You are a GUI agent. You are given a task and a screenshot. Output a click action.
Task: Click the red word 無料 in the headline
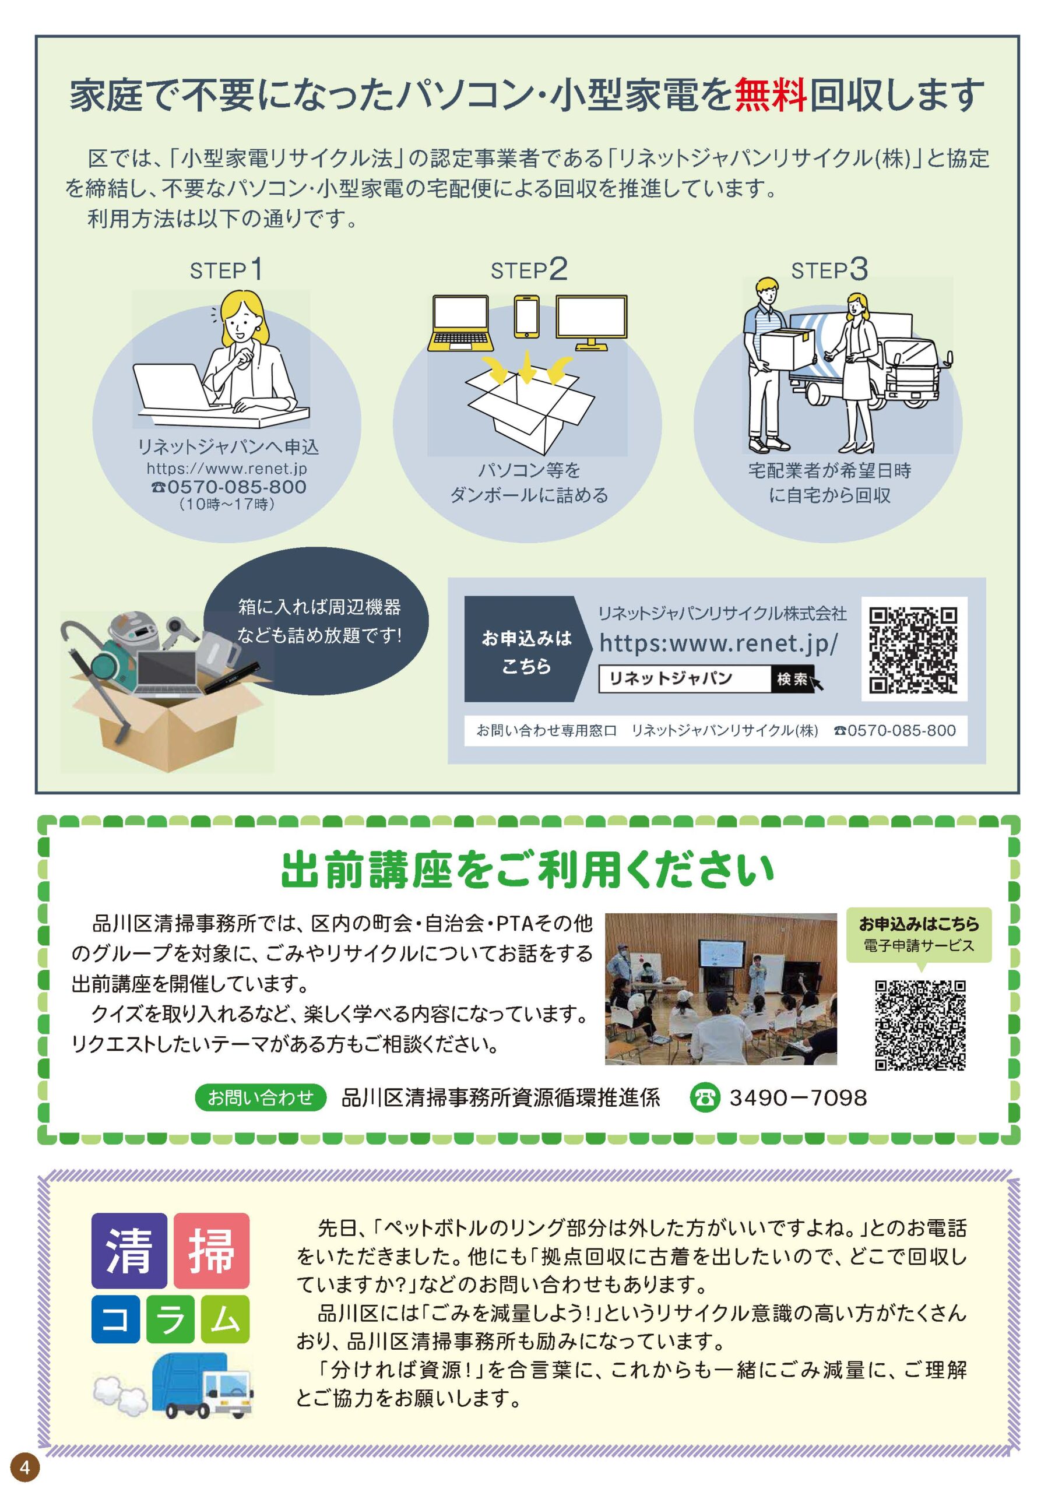coord(771,95)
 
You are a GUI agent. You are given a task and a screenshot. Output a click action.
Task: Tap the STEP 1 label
coord(226,270)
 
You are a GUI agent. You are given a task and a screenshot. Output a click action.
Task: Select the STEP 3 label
coord(829,270)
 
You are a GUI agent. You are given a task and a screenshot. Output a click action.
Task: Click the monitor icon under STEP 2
coord(592,322)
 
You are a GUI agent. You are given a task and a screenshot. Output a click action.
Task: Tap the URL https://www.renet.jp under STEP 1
coord(226,468)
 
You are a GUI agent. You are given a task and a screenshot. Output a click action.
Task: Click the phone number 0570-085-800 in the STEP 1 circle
coord(228,487)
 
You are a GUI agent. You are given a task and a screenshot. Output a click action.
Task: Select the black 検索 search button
coord(792,679)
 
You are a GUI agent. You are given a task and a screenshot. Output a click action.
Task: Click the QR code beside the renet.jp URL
coord(913,649)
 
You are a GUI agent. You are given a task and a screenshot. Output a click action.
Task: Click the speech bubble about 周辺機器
coord(316,620)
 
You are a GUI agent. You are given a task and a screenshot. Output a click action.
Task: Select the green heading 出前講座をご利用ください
coord(528,869)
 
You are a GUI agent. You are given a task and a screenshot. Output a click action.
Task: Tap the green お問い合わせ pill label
coord(260,1097)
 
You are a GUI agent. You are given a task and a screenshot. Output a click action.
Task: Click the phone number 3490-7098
coord(797,1097)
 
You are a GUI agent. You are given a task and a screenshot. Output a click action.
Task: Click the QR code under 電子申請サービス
coord(919,1025)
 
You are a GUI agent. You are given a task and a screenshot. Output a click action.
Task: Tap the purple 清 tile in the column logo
coord(129,1251)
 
